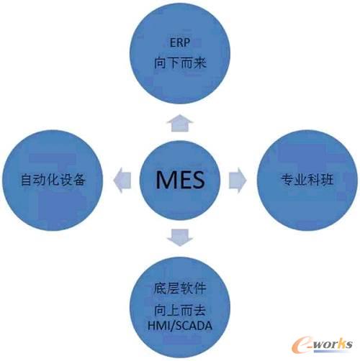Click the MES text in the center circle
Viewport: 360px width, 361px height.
tap(180, 179)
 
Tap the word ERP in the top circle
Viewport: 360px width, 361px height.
tap(180, 42)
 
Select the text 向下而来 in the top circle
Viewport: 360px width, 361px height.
tap(180, 63)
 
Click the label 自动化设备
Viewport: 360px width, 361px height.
tap(53, 180)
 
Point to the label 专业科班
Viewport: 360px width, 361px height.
tap(307, 180)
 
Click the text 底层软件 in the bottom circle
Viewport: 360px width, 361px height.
tap(180, 288)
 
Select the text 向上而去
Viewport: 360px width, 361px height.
tap(180, 310)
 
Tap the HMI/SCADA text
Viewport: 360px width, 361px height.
tap(180, 326)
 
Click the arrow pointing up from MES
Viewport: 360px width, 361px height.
tap(180, 123)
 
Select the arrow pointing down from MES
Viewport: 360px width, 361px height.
tap(180, 237)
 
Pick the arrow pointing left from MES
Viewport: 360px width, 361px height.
tap(122, 180)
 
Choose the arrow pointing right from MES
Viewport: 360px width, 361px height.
tap(238, 180)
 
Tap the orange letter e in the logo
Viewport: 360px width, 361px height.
tap(300, 345)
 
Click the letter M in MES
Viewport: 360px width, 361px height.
tap(166, 179)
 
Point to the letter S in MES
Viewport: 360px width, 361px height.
tap(198, 179)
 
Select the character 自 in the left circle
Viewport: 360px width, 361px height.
tap(27, 180)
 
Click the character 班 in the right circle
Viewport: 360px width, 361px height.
tap(327, 180)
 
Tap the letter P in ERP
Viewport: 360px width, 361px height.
tap(186, 42)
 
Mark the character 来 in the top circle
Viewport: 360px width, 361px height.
tap(200, 63)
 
